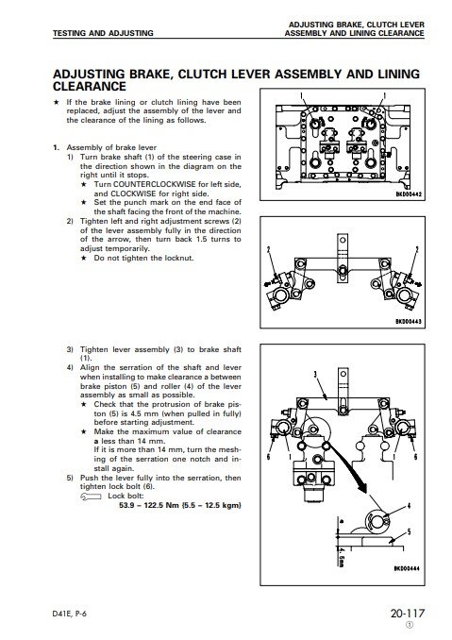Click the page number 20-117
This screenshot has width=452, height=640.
click(x=407, y=613)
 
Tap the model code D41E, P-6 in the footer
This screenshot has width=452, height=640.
click(x=70, y=614)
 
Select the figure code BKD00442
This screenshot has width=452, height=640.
click(x=409, y=194)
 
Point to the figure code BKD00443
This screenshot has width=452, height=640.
click(x=409, y=322)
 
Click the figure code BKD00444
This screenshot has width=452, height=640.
click(x=407, y=568)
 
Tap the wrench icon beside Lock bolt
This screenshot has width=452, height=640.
click(x=91, y=497)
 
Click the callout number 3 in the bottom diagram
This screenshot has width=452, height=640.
click(x=315, y=375)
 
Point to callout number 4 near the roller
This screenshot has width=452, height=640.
click(x=409, y=506)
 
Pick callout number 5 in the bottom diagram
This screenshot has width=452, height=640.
click(x=409, y=531)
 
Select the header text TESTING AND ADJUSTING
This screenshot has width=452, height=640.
click(x=103, y=33)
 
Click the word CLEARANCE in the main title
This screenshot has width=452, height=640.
click(x=90, y=87)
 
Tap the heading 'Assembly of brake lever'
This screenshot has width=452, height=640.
click(x=111, y=147)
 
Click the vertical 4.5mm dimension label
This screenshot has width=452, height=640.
click(x=342, y=556)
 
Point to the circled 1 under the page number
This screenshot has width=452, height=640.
click(x=410, y=625)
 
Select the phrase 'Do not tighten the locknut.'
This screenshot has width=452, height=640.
click(x=143, y=258)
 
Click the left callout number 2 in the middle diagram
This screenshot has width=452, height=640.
click(x=268, y=250)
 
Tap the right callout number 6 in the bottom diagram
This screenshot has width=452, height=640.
click(x=415, y=457)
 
